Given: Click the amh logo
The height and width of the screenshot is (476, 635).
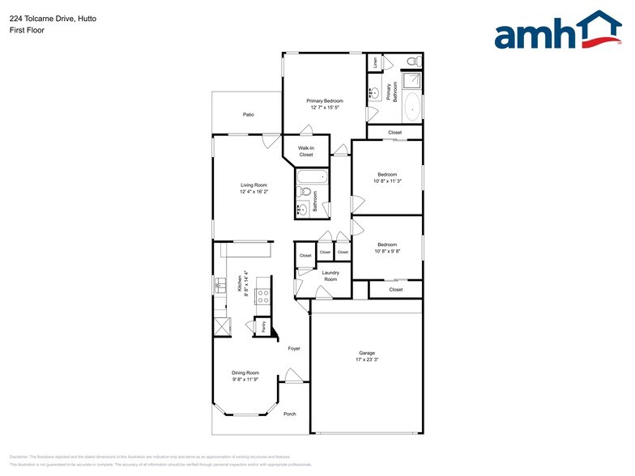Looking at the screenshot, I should tap(558, 32).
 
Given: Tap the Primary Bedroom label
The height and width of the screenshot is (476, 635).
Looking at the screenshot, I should tap(324, 101).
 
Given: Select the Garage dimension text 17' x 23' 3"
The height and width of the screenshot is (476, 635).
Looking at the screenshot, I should tap(368, 359).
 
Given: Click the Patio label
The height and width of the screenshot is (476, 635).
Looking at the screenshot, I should tap(249, 115).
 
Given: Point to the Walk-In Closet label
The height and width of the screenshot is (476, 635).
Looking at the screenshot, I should tap(305, 151).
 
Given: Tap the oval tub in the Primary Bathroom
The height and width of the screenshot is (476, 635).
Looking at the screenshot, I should tap(411, 106).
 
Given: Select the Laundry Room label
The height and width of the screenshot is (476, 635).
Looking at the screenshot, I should tap(330, 276).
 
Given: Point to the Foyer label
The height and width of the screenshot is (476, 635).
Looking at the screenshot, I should tap(294, 349).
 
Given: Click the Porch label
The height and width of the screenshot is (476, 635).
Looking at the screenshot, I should tap(290, 414).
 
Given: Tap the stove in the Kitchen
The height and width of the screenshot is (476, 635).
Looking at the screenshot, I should tap(263, 296).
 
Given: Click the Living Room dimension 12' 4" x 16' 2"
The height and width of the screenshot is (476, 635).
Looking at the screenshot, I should tap(254, 192).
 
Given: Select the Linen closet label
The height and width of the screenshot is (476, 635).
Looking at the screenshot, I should tap(375, 62).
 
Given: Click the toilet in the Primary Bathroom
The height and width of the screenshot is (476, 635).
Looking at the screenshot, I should tap(411, 62).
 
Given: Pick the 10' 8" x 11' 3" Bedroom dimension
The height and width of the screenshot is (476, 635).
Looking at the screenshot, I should tap(387, 181).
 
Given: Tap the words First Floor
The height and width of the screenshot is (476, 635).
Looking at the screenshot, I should tap(28, 30).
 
